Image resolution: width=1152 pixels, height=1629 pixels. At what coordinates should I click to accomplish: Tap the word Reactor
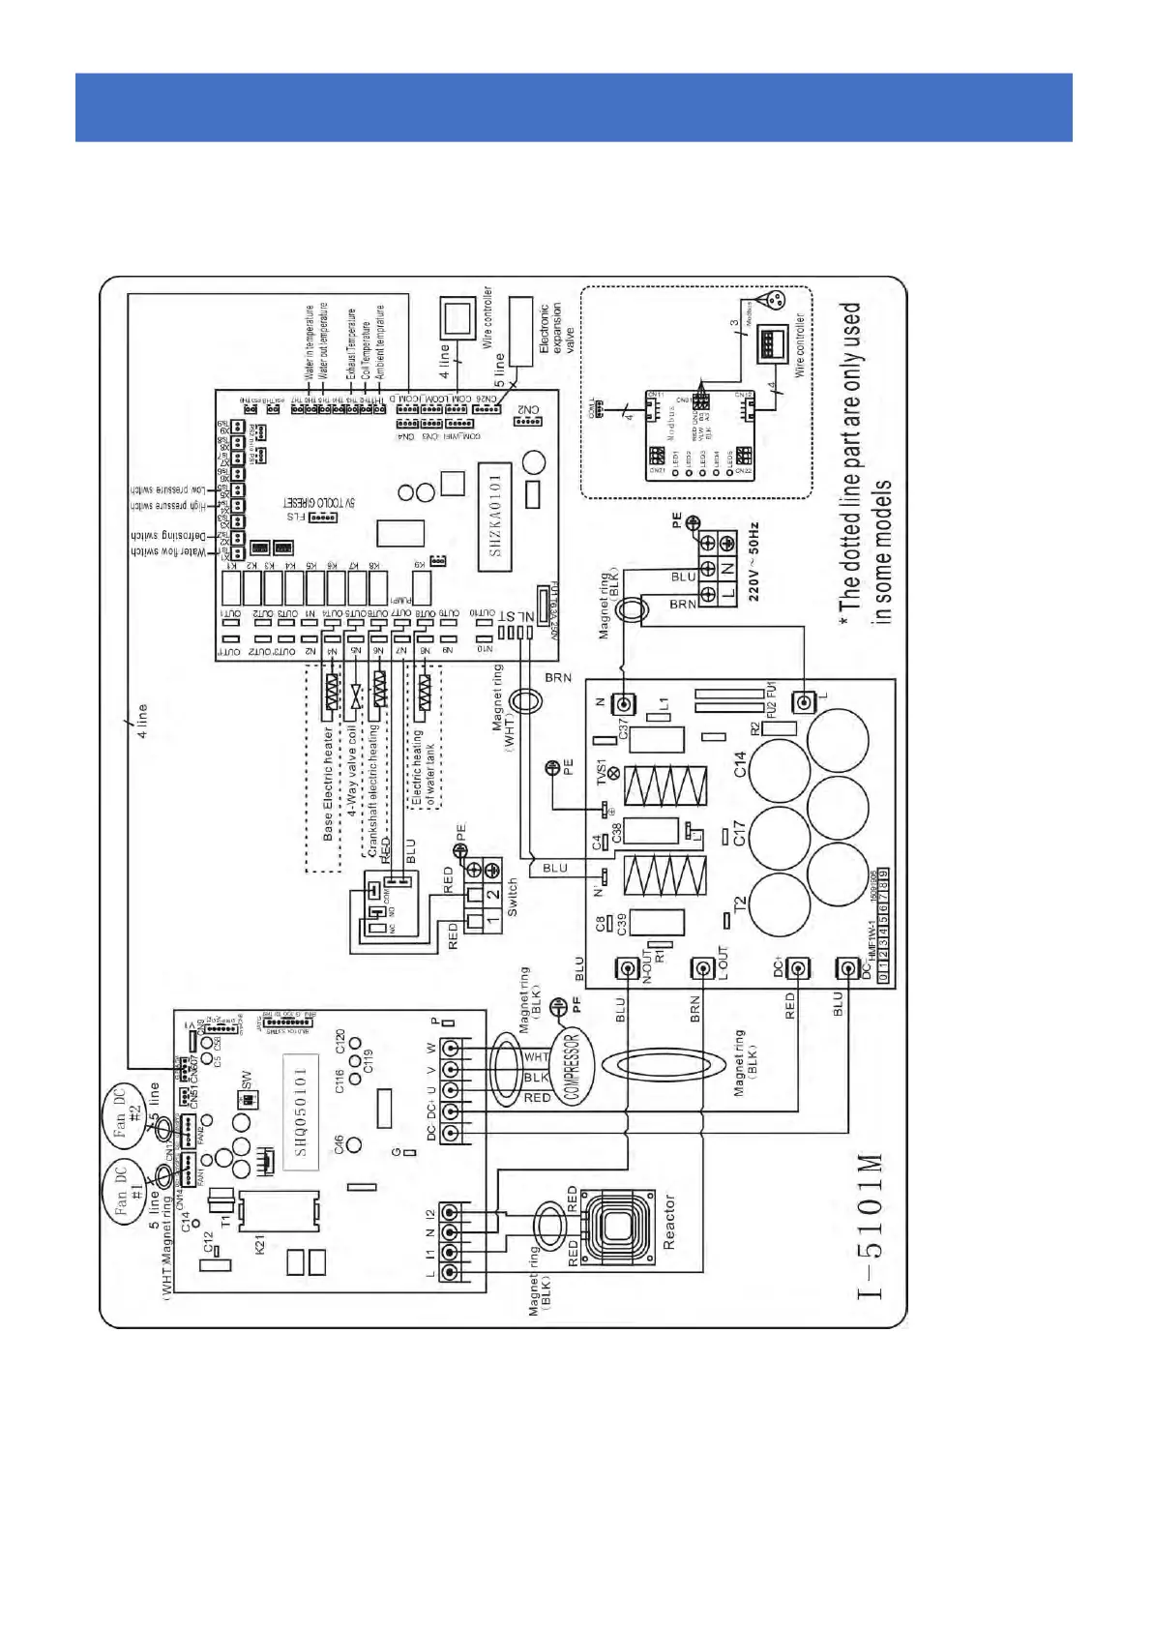(668, 1221)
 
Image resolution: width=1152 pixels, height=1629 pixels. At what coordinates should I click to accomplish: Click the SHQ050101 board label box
(301, 1112)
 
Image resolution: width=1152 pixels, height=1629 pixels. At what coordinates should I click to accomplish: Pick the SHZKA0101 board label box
(494, 514)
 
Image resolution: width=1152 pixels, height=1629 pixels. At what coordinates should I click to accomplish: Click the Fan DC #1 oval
(128, 1191)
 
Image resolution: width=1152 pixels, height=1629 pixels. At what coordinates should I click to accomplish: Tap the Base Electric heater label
(328, 784)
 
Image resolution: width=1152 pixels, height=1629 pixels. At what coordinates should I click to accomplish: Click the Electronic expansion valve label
(556, 327)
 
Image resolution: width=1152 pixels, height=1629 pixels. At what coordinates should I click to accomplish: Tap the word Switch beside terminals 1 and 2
(513, 898)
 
